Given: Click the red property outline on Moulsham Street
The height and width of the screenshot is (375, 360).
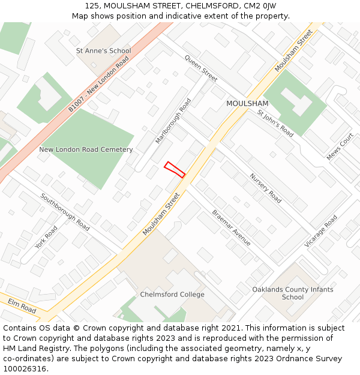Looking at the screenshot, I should click(174, 169).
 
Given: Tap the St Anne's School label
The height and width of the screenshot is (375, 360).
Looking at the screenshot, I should click(103, 51).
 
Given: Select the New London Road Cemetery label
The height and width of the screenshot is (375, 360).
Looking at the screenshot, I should click(86, 149).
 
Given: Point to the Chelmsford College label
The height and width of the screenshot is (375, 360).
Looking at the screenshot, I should click(172, 295).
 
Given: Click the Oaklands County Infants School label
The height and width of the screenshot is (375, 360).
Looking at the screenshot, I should click(293, 293).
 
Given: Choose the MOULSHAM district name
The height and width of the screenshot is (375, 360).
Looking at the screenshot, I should click(247, 104).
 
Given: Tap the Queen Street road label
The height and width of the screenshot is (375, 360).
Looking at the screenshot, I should click(201, 68).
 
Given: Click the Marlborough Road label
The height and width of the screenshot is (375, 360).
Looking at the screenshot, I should click(173, 121).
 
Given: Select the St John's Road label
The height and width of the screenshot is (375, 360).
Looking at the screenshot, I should click(275, 124).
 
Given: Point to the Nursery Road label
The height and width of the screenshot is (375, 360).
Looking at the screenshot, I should click(265, 188).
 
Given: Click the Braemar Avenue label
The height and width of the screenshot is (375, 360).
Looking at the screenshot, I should click(231, 227).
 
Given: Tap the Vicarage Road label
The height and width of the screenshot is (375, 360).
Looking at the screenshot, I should click(321, 231).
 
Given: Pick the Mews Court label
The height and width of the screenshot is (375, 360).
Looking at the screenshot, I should click(340, 146).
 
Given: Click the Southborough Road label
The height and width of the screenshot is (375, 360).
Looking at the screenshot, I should click(65, 212).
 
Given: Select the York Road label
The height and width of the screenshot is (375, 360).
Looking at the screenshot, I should click(46, 238).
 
